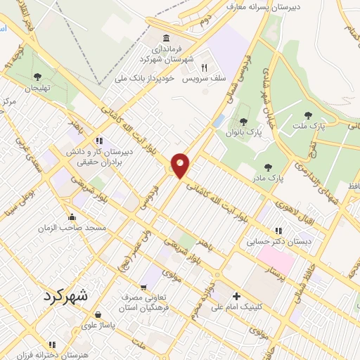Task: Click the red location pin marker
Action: click(181, 165)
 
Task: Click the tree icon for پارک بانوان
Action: click(243, 122)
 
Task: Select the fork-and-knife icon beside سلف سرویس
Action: click(205, 68)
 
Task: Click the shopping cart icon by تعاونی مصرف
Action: click(143, 286)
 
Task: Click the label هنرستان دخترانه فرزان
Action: click(76, 355)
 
